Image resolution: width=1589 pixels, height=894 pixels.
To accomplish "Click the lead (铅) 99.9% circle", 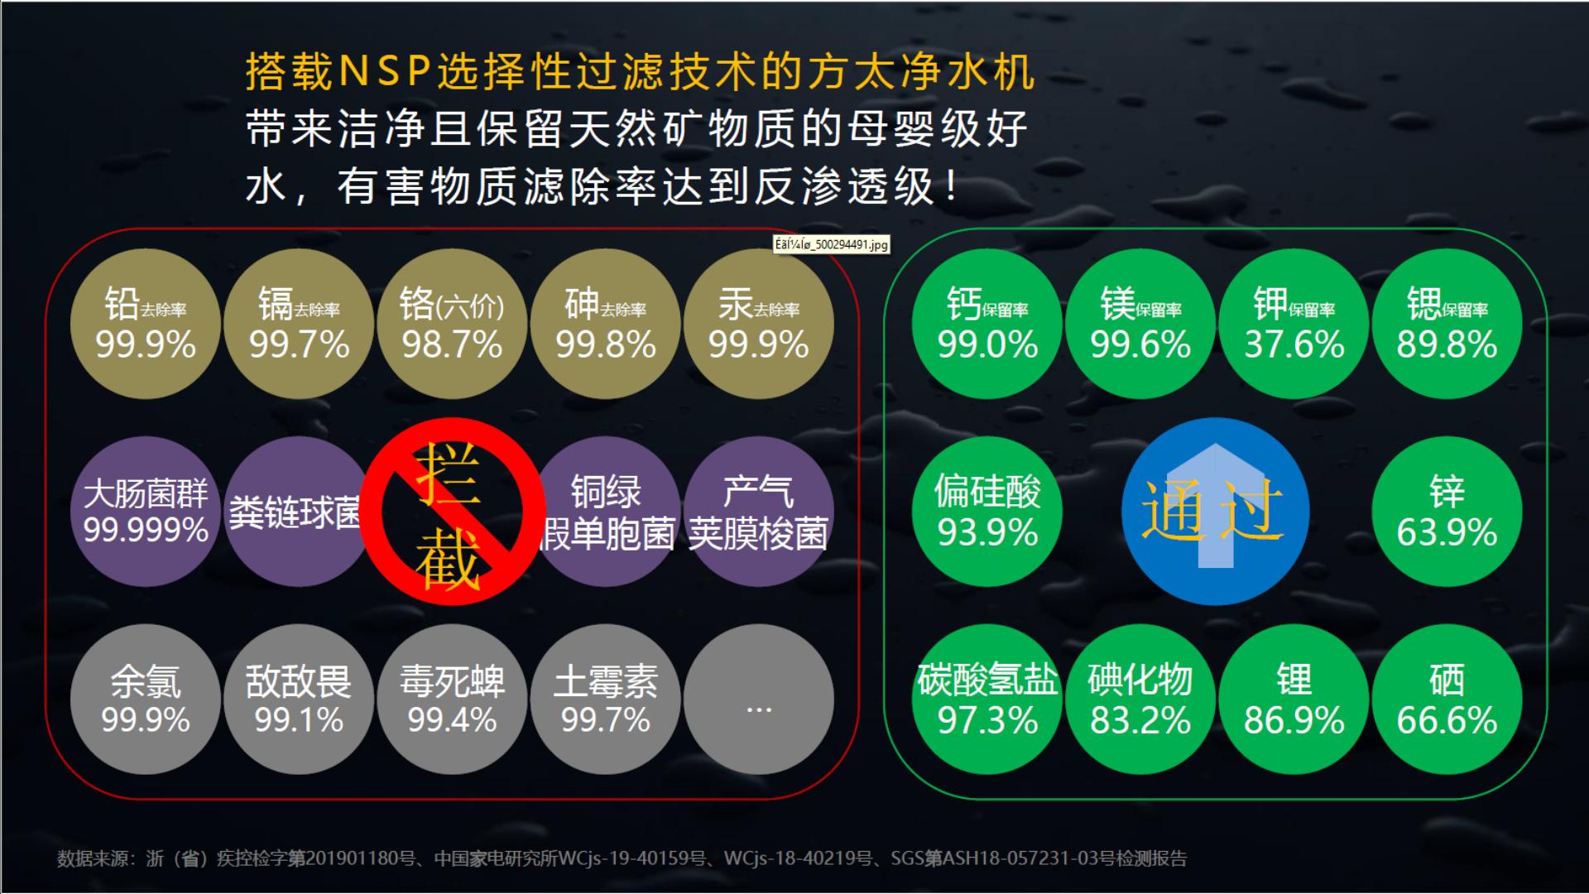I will coord(145,324).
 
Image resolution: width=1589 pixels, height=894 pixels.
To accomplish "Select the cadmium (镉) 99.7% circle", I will coord(299,324).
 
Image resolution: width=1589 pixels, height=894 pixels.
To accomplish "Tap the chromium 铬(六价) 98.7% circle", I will coord(452,324).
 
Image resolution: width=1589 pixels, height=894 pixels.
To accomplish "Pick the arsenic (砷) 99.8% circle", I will coord(605,324).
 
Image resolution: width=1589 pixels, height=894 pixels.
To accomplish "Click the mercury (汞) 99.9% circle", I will coord(758,324).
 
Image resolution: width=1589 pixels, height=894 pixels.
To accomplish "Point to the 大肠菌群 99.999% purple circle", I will coord(145,512).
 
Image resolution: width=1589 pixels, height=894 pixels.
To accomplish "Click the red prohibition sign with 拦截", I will coord(452,512).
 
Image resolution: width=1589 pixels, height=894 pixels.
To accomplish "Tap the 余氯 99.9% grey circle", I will coord(145,699).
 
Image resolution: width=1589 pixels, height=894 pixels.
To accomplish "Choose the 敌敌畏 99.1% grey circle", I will coord(299,699).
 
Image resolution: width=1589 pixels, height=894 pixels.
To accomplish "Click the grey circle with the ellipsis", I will coord(758,699).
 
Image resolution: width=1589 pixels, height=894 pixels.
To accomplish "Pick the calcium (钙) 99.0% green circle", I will coord(987,324).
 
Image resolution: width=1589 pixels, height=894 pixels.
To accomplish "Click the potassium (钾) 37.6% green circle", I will coord(1294,324).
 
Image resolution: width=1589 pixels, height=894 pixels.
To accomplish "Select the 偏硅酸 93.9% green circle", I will coord(987,512).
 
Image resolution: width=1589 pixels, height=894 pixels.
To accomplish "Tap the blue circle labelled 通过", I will coord(1215,512).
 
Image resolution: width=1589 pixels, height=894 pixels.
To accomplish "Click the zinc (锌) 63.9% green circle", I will coord(1447,512).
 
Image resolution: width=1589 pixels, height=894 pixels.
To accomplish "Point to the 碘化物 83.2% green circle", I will coord(1140,699).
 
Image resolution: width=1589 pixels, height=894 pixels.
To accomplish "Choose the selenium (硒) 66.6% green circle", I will coord(1447,699).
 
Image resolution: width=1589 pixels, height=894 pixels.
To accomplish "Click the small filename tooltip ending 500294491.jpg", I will coord(831,244).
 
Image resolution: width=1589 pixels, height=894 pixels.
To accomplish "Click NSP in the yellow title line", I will coord(385,72).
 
